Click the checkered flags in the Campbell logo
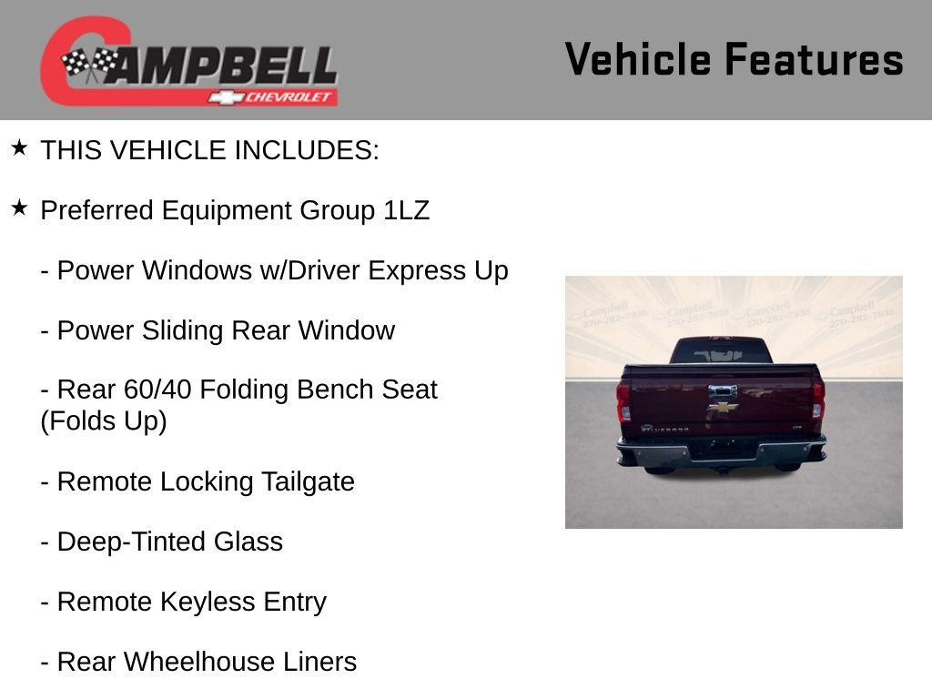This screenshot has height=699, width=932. click(90, 65)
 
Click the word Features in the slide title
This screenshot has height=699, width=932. click(814, 60)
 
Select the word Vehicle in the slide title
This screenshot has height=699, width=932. click(637, 60)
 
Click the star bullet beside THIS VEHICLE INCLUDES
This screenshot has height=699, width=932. click(19, 147)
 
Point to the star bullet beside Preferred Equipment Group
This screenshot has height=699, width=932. click(19, 208)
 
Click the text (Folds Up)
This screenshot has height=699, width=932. click(104, 421)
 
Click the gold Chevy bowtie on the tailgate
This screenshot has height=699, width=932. click(724, 407)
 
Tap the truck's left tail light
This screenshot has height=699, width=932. click(623, 400)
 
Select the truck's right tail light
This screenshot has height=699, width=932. click(817, 400)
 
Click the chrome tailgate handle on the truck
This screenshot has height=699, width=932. click(723, 391)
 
